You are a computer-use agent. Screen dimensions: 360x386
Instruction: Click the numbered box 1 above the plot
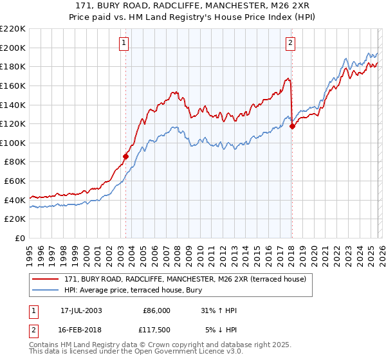click(124, 43)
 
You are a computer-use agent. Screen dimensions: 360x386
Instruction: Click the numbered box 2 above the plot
click(291, 43)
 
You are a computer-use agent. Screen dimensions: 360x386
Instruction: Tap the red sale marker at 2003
click(126, 156)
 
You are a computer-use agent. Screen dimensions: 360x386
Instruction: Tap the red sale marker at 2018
click(292, 126)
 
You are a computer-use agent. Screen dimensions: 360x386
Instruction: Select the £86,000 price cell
click(156, 310)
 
